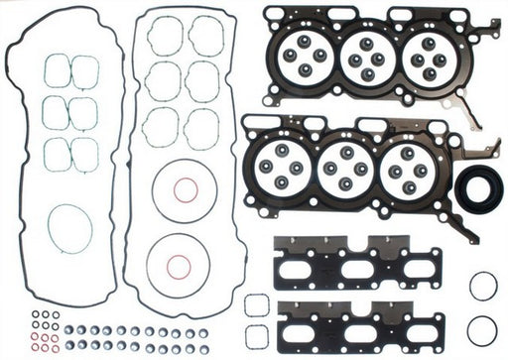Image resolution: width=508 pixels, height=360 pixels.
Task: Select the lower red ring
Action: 178,266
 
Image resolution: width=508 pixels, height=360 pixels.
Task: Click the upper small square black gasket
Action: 255,304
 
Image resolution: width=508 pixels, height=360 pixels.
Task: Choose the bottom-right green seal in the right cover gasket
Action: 202,126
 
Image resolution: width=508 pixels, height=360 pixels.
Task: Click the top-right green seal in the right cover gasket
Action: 205,36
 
